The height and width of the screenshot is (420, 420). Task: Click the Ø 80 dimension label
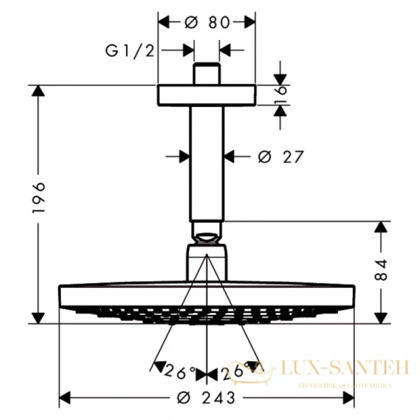pyautogui.click(x=207, y=22)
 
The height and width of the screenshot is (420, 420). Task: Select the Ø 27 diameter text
pyautogui.click(x=280, y=156)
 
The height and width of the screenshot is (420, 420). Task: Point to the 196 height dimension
pyautogui.click(x=40, y=199)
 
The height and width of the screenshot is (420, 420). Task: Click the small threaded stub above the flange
pyautogui.click(x=207, y=74)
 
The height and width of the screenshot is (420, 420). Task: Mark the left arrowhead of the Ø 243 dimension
pyautogui.click(x=64, y=398)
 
